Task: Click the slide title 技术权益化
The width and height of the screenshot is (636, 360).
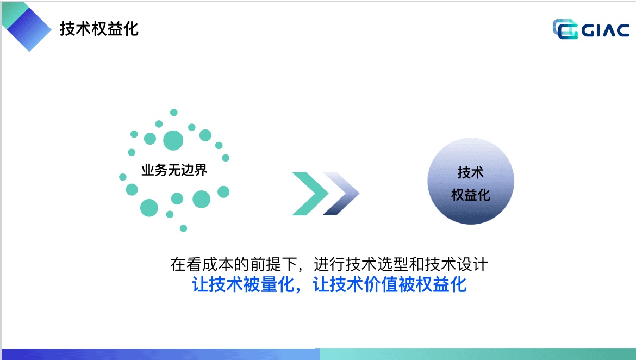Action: (99, 29)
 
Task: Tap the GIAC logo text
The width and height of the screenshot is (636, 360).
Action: (605, 30)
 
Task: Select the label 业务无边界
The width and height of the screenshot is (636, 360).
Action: (174, 170)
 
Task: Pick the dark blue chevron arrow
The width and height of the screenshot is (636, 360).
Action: (341, 194)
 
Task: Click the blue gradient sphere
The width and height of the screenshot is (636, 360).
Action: (471, 181)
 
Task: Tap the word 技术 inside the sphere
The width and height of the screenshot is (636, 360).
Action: (471, 172)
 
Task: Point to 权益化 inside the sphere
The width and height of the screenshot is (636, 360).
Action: (471, 195)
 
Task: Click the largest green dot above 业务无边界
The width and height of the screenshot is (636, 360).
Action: (173, 140)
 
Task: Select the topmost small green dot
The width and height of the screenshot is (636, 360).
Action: (173, 113)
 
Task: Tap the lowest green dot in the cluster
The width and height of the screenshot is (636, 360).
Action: (183, 228)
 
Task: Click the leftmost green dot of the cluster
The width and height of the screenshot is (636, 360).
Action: (122, 177)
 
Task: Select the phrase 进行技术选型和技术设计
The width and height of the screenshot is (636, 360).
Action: (401, 265)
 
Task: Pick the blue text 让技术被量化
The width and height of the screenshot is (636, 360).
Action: (243, 284)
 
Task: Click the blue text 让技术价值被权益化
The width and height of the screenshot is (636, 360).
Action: (389, 284)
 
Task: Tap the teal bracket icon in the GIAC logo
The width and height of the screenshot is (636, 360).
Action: (565, 29)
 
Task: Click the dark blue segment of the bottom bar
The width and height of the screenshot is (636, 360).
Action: (160, 354)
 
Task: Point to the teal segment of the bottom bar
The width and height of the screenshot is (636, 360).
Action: (478, 354)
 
